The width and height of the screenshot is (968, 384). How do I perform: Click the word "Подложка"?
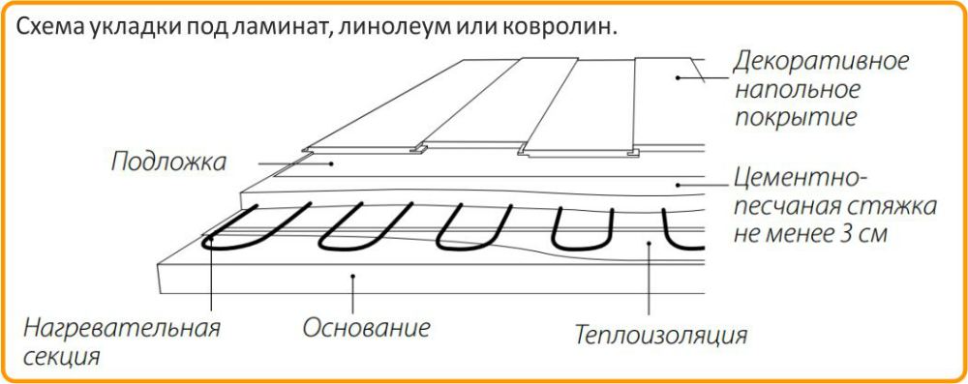click(x=167, y=161)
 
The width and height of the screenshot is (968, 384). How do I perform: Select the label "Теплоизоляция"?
click(x=661, y=336)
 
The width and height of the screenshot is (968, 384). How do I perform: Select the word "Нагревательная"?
click(x=122, y=327)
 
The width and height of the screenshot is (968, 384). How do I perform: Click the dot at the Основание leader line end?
click(x=354, y=279)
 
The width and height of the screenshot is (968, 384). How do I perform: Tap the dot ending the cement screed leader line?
click(x=681, y=184)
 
